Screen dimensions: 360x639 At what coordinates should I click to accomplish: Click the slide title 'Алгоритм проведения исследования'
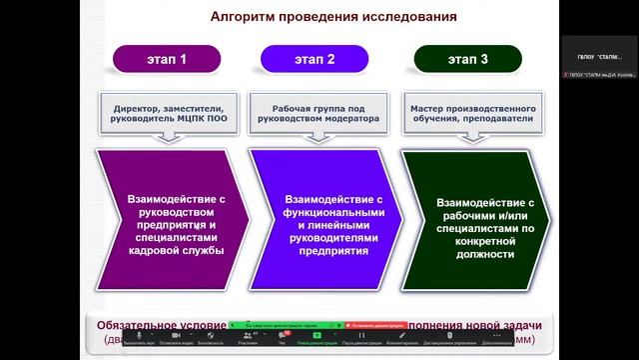tap(333, 17)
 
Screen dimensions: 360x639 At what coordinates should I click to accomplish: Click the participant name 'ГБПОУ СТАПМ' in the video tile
tap(598, 54)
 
